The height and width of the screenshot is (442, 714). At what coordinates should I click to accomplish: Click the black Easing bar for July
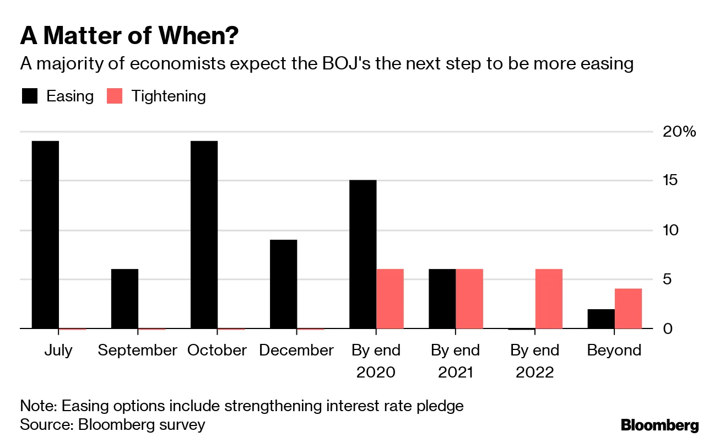point(45,235)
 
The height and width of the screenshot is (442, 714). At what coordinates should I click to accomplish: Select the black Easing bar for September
point(125,299)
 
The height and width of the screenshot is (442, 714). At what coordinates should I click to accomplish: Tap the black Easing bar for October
point(204,235)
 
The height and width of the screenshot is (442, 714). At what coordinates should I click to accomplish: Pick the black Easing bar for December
point(283,284)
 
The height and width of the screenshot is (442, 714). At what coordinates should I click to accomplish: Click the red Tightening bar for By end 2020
point(390,299)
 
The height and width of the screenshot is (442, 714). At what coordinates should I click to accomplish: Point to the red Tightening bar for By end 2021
point(469,299)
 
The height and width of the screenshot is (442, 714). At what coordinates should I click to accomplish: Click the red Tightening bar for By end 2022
point(549,299)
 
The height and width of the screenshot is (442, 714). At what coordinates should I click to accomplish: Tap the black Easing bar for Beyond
point(601,319)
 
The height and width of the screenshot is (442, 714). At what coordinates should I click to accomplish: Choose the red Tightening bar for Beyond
point(628,309)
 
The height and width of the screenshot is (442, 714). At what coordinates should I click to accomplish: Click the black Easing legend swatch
point(29,96)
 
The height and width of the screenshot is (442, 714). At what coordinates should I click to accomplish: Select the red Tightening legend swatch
point(114,96)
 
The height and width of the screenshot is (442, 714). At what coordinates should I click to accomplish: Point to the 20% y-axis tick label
point(680,132)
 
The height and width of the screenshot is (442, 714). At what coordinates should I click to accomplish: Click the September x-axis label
point(138,351)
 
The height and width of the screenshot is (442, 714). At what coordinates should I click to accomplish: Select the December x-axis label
point(296,351)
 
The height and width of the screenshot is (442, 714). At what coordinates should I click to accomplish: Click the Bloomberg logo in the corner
point(659,425)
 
